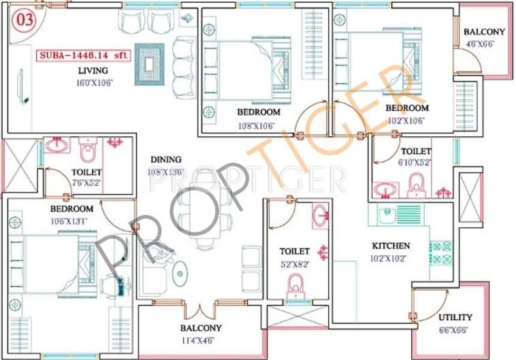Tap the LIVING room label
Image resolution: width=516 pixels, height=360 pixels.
pyautogui.click(x=94, y=71)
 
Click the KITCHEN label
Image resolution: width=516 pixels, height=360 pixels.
pyautogui.click(x=390, y=245)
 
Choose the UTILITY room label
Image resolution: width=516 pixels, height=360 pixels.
pyautogui.click(x=455, y=317)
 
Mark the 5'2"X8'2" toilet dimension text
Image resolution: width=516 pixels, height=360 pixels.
pyautogui.click(x=293, y=264)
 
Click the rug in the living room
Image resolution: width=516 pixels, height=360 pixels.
pyautogui.click(x=149, y=64)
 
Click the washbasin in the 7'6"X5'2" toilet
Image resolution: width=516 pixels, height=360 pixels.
pyautogui.click(x=57, y=145)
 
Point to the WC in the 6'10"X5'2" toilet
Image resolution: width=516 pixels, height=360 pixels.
pyautogui.click(x=415, y=184)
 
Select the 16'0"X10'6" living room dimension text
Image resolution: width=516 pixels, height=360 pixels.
pyautogui.click(x=94, y=83)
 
